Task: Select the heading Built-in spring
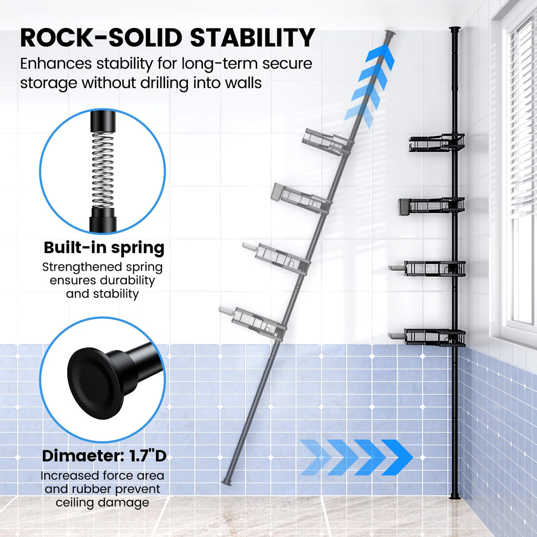pos(104,248)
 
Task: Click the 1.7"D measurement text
pos(148,456)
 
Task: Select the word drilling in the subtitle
pos(165,83)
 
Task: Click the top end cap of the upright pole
pos(454,30)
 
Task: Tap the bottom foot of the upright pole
pos(455,497)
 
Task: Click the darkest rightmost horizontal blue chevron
pos(397,457)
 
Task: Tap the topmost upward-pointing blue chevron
pos(380,58)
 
